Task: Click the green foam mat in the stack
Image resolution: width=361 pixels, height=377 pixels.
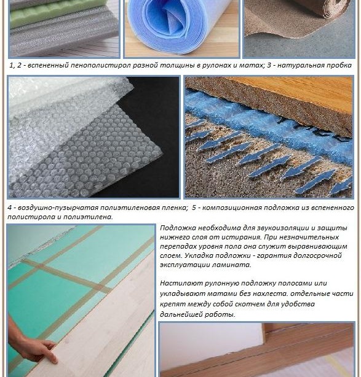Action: pos(58,14)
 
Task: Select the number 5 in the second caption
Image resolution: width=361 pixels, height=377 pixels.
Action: pos(194,208)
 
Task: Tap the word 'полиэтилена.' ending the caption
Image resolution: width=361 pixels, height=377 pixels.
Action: pos(88,217)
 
